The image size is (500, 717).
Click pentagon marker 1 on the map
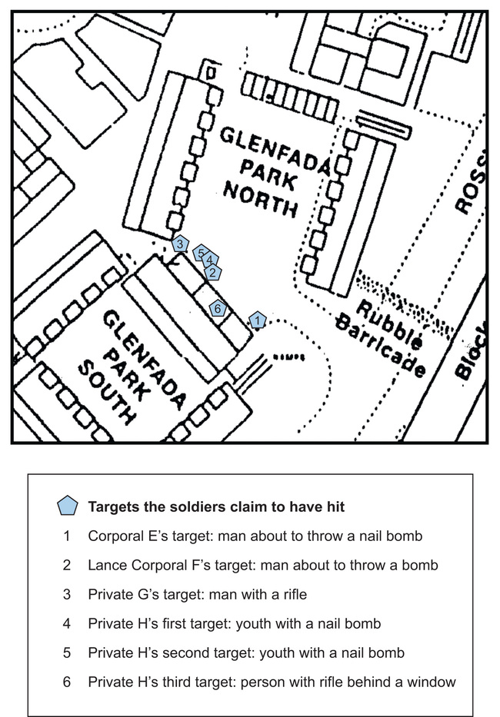pyautogui.click(x=258, y=320)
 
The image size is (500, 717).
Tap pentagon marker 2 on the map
pyautogui.click(x=212, y=273)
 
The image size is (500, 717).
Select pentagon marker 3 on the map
pyautogui.click(x=180, y=244)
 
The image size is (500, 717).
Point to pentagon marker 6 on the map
pyautogui.click(x=218, y=308)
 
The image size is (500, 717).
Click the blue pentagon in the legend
pyautogui.click(x=68, y=506)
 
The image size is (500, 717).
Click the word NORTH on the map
pyautogui.click(x=260, y=201)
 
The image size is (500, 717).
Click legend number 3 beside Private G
pyautogui.click(x=67, y=595)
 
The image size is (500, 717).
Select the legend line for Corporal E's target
pyautogui.click(x=255, y=536)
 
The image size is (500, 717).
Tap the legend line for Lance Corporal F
pyautogui.click(x=263, y=565)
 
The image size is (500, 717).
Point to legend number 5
pyautogui.click(x=67, y=652)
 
